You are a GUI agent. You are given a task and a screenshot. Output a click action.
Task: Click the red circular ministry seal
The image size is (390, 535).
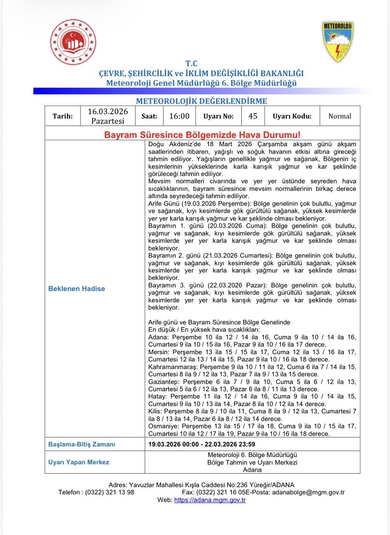click(73, 42)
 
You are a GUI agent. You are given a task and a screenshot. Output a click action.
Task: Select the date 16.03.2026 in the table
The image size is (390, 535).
click(108, 112)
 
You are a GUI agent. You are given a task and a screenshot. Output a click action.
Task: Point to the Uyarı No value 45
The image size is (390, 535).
click(253, 116)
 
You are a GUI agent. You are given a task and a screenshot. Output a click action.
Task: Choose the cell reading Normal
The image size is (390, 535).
click(340, 116)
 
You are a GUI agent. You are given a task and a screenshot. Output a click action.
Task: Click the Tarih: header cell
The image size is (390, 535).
click(62, 116)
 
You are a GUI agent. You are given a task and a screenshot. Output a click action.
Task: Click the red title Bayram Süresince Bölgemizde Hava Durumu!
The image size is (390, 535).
click(202, 135)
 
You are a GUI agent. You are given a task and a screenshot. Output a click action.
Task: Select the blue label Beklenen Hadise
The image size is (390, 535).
click(76, 289)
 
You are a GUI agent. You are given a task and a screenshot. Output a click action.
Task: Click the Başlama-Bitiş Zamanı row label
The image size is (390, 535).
click(82, 444)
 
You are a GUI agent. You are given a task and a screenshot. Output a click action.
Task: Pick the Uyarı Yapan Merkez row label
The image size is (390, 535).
click(79, 462)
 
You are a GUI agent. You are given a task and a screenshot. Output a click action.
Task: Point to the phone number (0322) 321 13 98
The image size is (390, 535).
click(111, 492)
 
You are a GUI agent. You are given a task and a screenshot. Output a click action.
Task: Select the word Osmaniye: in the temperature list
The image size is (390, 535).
click(165, 426)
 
